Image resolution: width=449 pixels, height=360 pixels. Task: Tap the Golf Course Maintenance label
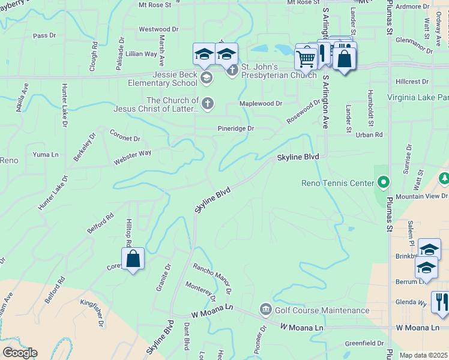click(x=322, y=310)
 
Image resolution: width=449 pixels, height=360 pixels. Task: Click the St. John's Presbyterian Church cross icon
click(x=232, y=71)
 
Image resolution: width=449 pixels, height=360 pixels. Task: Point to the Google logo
click(x=20, y=352)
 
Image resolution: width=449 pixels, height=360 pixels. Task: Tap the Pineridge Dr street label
click(x=235, y=128)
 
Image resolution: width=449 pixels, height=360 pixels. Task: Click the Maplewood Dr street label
click(x=261, y=103)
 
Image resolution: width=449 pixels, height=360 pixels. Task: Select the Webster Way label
click(x=132, y=158)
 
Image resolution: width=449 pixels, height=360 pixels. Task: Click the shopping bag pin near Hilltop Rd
click(x=133, y=259)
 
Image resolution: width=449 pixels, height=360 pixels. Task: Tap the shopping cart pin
click(x=306, y=59)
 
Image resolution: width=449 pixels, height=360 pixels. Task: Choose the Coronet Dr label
click(x=125, y=136)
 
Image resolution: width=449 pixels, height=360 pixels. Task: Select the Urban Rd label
click(x=369, y=135)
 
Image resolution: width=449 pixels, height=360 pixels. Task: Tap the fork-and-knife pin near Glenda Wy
click(x=441, y=302)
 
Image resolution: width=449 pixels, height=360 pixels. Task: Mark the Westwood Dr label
click(x=158, y=29)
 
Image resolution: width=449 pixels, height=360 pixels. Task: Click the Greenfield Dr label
click(x=364, y=343)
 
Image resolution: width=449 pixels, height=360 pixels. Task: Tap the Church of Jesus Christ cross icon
click(x=207, y=103)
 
